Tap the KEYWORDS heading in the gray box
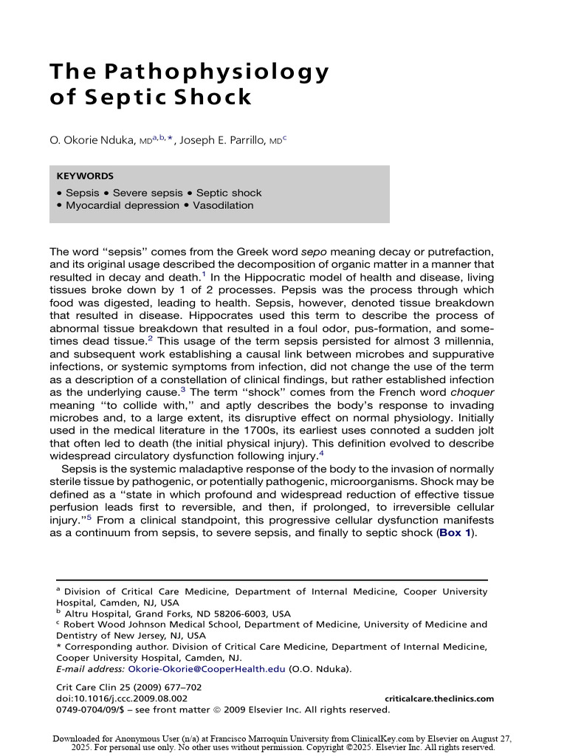coord(85,176)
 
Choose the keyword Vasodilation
coord(223,205)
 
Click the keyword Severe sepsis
coord(148,193)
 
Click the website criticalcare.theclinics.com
coord(439,698)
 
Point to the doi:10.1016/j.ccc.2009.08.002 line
coord(122,698)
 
